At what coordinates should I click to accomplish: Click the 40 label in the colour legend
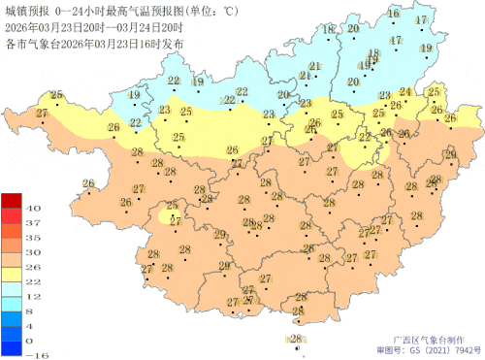[32, 208]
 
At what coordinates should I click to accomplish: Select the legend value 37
[32, 222]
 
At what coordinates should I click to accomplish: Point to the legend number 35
[32, 237]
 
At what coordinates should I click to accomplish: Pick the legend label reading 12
[32, 296]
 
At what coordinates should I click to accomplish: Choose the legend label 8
[32, 311]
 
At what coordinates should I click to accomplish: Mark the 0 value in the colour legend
[32, 341]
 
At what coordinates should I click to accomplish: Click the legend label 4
[32, 326]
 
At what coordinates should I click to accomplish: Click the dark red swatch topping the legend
[11, 200]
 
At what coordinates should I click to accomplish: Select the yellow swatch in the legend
[11, 274]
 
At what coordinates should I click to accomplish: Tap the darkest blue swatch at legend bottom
[11, 348]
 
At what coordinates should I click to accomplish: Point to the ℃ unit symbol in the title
[230, 10]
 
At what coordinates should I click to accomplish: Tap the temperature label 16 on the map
[393, 15]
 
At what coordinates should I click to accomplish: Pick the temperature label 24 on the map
[405, 92]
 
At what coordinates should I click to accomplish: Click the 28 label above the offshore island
[295, 338]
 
